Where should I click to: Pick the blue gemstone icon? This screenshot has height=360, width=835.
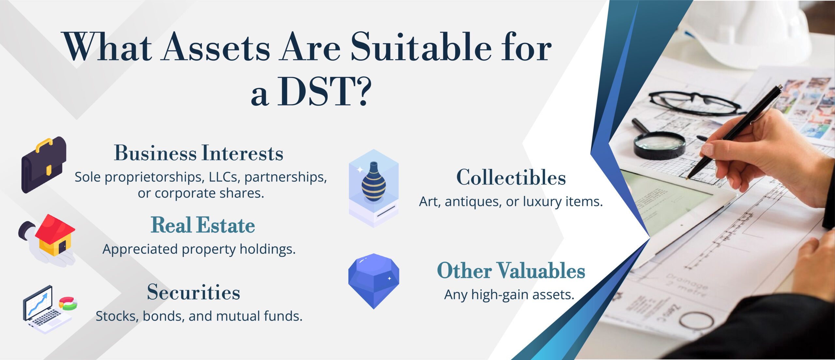point(374,280)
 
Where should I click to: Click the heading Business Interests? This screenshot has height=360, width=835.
point(198,153)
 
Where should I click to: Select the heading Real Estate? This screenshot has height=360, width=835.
point(203,225)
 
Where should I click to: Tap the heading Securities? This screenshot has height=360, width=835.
point(193,292)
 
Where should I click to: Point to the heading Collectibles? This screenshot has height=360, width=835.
point(511,178)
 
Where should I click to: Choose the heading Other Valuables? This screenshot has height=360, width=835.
point(511,271)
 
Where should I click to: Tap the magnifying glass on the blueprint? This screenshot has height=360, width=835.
point(659,143)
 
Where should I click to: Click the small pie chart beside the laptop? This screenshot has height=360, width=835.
point(68,303)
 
